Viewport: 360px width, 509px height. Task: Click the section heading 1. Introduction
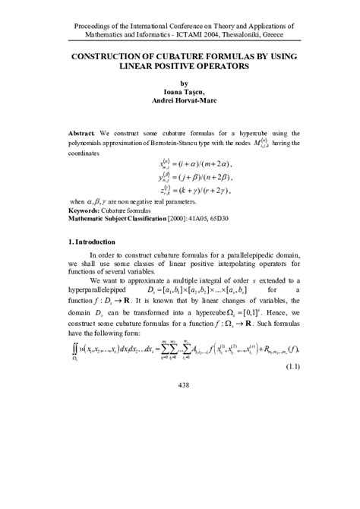(95, 242)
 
